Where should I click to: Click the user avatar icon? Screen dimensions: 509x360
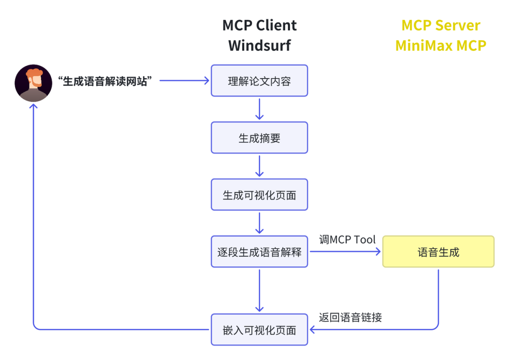pos(33,83)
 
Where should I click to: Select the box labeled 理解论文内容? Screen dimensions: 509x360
pos(259,81)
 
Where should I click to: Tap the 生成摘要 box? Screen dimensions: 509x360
pos(259,138)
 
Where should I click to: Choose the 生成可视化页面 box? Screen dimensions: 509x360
pos(259,195)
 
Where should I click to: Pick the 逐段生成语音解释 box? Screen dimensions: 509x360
pos(259,252)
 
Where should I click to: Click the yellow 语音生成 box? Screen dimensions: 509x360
pos(438,252)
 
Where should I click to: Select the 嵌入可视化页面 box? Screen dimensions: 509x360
pos(259,329)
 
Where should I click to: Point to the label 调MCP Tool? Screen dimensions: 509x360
pos(347,239)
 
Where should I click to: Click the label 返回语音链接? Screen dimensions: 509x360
pos(350,317)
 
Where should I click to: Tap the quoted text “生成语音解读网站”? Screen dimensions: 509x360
pos(105,81)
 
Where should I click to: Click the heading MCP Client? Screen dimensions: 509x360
pos(259,25)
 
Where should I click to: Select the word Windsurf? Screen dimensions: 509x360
pos(259,45)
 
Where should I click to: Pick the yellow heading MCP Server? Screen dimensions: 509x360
pos(441,25)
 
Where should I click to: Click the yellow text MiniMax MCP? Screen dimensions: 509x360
pos(441,45)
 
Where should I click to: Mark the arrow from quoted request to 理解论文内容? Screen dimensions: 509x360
pos(184,81)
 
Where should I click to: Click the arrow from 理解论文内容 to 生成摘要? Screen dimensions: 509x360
pos(259,109)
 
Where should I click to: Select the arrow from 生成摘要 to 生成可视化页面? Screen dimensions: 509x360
pos(259,166)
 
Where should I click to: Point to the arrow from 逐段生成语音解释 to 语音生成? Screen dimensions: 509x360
pos(345,251)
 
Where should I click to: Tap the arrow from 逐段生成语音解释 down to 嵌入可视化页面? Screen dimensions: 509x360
pos(259,291)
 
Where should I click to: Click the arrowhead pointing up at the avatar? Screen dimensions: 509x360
pos(33,106)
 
